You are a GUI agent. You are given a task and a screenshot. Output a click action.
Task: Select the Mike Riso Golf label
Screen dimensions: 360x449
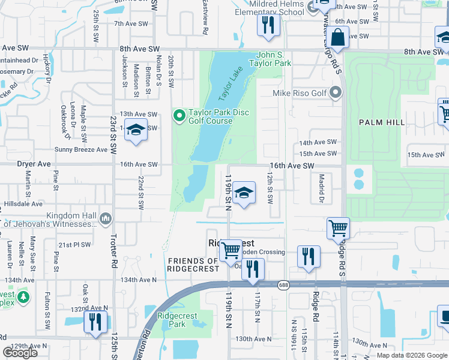pyautogui.click(x=300, y=93)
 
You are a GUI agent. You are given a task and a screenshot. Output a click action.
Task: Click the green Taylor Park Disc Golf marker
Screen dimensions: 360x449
pyautogui.click(x=179, y=116)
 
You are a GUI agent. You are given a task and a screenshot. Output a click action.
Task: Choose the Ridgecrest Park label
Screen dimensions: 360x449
pyautogui.click(x=172, y=320)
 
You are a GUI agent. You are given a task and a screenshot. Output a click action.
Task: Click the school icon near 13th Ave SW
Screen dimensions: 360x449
pyautogui.click(x=136, y=130)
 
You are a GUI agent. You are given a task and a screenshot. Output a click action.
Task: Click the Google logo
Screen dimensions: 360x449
pyautogui.click(x=20, y=353)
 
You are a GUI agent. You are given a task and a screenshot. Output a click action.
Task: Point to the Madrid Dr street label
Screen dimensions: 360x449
pyautogui.click(x=322, y=188)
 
